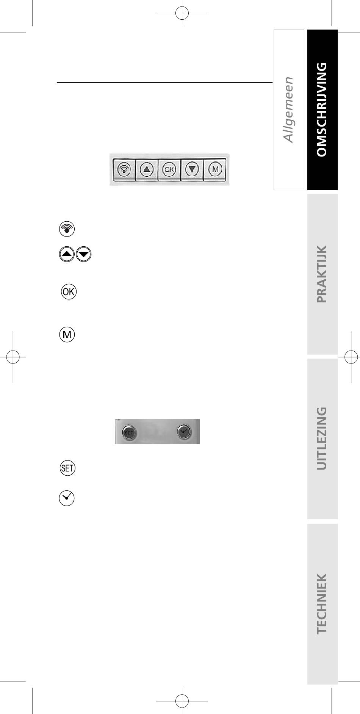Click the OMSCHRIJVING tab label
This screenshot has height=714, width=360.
click(x=322, y=110)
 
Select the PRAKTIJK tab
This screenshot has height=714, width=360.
click(x=322, y=274)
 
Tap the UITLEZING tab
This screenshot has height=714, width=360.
click(x=322, y=438)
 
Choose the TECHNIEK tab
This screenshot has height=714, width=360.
click(x=322, y=603)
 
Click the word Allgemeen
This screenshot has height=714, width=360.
click(x=288, y=110)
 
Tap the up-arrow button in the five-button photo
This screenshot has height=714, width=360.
click(x=147, y=169)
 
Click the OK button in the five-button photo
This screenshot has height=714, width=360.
click(x=169, y=169)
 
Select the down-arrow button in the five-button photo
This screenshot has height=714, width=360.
click(x=192, y=169)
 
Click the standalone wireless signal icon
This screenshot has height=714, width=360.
click(x=67, y=229)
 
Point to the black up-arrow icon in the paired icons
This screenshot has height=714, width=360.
click(x=67, y=254)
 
